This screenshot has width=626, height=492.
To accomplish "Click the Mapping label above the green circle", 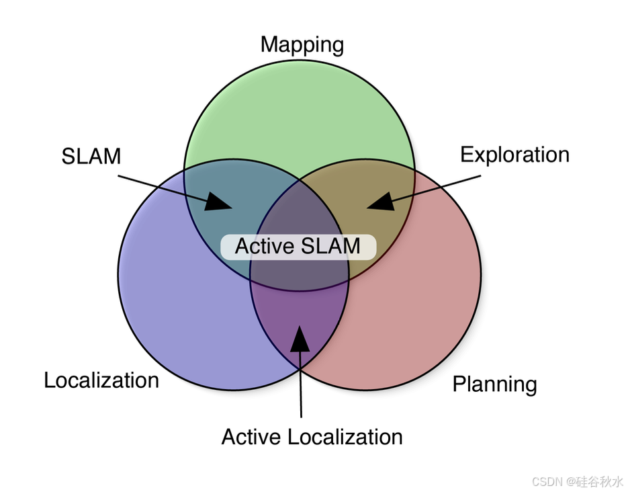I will click(302, 45).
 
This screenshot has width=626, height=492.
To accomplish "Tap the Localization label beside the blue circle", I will click(101, 380).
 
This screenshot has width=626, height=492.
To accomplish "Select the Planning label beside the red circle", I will click(494, 384).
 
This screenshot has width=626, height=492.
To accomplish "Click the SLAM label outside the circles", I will click(91, 156).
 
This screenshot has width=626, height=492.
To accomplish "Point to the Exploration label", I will click(515, 155).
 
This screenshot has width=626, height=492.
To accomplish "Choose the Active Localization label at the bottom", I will click(312, 437).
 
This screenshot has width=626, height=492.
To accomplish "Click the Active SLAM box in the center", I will click(298, 246).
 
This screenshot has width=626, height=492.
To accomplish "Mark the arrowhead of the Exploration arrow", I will click(379, 201).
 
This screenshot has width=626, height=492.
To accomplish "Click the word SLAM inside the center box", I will click(330, 246).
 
